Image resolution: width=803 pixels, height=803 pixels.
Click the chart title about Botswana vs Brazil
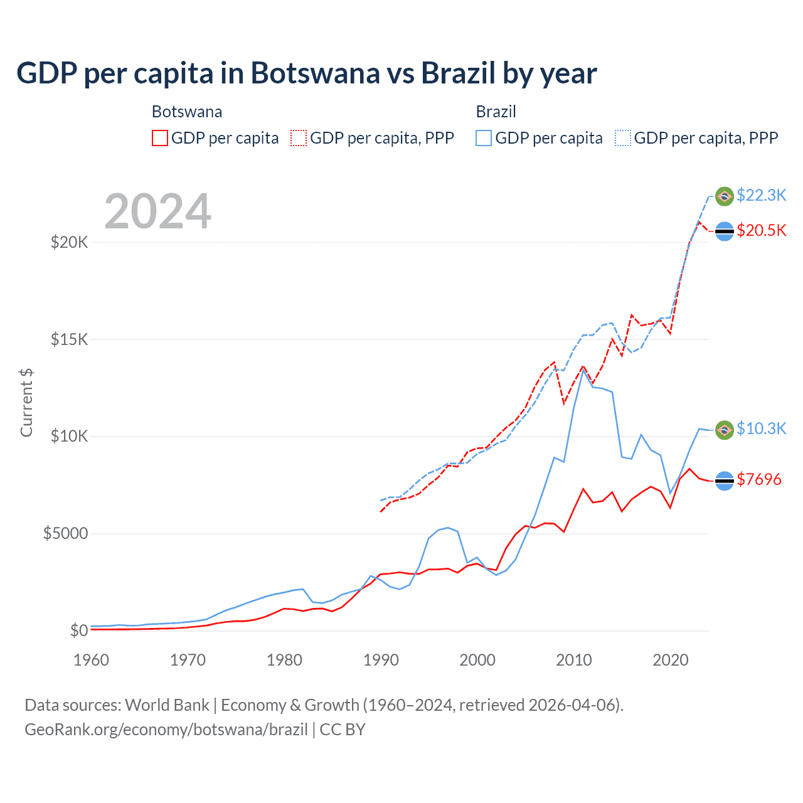pyautogui.click(x=306, y=73)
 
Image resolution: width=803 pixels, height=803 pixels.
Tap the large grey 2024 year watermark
pyautogui.click(x=158, y=211)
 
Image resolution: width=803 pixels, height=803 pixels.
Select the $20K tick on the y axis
pyautogui.click(x=69, y=243)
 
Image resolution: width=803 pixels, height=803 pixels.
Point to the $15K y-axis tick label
pyautogui.click(x=69, y=340)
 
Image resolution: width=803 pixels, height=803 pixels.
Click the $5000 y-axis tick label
pyautogui.click(x=65, y=534)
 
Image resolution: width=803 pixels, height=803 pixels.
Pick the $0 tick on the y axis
pyautogui.click(x=78, y=630)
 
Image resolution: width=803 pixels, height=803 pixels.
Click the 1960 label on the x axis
pyautogui.click(x=92, y=660)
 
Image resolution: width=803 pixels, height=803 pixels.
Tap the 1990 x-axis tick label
pyautogui.click(x=381, y=660)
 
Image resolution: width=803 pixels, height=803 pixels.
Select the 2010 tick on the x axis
pyautogui.click(x=574, y=660)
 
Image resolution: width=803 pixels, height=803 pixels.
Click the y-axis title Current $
pyautogui.click(x=26, y=403)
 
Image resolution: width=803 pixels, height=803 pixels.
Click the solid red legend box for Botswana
pyautogui.click(x=160, y=138)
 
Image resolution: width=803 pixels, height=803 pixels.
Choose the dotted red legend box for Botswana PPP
pyautogui.click(x=299, y=138)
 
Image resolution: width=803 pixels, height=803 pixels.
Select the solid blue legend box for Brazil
pyautogui.click(x=484, y=138)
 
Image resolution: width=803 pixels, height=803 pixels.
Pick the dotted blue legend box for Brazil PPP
pyautogui.click(x=623, y=138)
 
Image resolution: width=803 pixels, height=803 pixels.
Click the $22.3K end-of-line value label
pyautogui.click(x=761, y=195)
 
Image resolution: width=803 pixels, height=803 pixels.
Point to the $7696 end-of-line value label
pyautogui.click(x=759, y=479)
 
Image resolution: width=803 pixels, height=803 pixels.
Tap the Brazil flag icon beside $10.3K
pyautogui.click(x=725, y=430)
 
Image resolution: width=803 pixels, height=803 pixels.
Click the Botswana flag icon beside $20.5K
pyautogui.click(x=725, y=231)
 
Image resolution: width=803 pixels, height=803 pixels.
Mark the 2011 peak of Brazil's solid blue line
pyautogui.click(x=583, y=370)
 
